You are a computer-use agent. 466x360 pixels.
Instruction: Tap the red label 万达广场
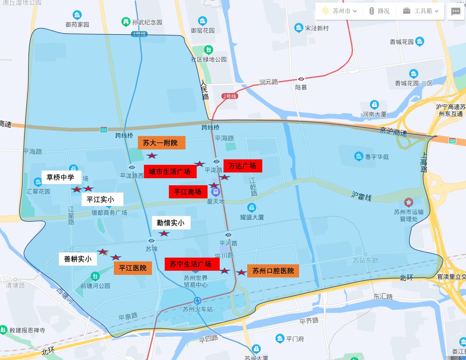pyautogui.click(x=242, y=166)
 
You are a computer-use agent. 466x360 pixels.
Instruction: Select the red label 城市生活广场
pyautogui.click(x=170, y=172)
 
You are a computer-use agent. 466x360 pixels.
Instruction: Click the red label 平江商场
pyautogui.click(x=188, y=192)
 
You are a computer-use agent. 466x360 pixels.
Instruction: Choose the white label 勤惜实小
pyautogui.click(x=171, y=223)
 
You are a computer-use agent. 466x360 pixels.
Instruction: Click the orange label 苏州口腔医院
pyautogui.click(x=273, y=271)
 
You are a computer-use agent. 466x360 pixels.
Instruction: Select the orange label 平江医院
pyautogui.click(x=133, y=268)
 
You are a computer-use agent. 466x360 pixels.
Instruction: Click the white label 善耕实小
pyautogui.click(x=78, y=259)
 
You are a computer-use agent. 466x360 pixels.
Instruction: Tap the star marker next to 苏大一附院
pyautogui.click(x=152, y=156)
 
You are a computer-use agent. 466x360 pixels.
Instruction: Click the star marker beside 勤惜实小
pyautogui.click(x=164, y=234)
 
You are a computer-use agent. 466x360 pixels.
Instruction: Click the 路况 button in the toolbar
pyautogui.click(x=380, y=11)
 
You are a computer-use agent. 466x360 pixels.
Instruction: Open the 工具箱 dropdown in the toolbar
pyautogui.click(x=421, y=11)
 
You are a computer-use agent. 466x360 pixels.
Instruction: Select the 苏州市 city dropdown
pyautogui.click(x=339, y=11)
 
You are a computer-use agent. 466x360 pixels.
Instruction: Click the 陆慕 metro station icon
pyautogui.click(x=301, y=79)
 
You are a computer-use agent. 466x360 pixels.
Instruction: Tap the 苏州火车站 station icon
pyautogui.click(x=197, y=301)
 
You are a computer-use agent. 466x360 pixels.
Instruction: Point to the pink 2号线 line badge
pyautogui.click(x=230, y=96)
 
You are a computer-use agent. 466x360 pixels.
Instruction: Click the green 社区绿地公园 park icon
pyautogui.click(x=209, y=50)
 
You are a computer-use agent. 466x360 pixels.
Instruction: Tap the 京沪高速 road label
pyautogui.click(x=393, y=132)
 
